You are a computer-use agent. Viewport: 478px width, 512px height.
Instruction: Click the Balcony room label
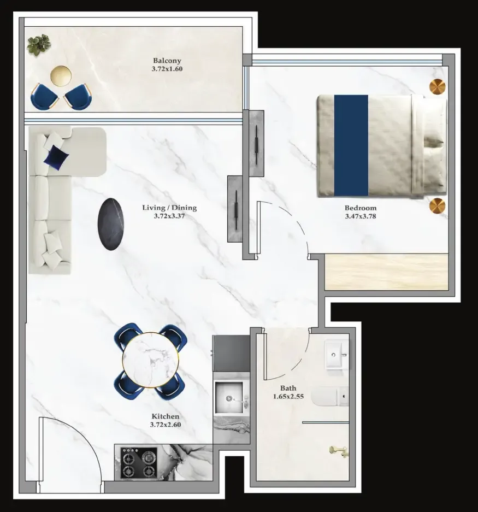point(167,61)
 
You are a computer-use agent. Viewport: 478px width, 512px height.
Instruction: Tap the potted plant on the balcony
point(39,44)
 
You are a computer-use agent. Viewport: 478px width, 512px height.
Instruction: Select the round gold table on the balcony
point(61,75)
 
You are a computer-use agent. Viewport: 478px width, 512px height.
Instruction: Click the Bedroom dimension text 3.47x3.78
point(361,216)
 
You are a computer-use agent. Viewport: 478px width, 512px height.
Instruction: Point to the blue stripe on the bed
point(351,145)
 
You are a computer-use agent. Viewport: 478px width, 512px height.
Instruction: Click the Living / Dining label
point(169,208)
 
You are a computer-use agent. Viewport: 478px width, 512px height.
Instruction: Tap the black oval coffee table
point(111,224)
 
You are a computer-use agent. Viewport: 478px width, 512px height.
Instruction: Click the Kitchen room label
point(165,416)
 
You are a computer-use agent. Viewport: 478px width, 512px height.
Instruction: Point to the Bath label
point(288,389)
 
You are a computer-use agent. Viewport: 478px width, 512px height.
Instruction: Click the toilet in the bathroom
point(331,397)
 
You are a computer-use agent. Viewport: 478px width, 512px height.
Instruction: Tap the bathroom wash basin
point(335,356)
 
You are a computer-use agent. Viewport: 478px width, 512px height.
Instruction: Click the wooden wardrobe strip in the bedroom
point(386,272)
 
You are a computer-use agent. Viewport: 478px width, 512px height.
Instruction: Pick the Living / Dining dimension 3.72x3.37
point(169,216)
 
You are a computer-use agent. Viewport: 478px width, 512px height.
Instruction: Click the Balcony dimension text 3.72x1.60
point(167,69)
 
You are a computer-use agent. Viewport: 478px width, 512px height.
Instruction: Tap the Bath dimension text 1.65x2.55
point(288,396)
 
